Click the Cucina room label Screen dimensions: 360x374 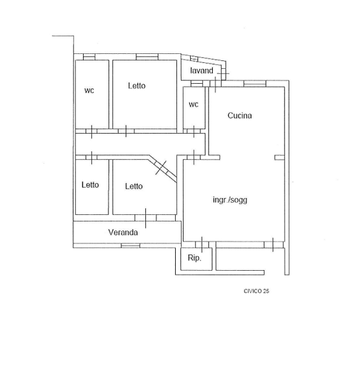coord(240,116)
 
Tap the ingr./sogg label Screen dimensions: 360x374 coord(230,199)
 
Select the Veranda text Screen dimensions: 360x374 coord(123,232)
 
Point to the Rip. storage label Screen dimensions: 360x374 coord(195,258)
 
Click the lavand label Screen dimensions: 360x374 coord(202,70)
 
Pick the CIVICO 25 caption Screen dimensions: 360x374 coord(256,291)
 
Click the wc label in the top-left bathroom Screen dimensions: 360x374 coord(89,90)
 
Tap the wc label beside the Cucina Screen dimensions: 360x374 coord(193,105)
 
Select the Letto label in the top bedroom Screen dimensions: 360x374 coord(137,86)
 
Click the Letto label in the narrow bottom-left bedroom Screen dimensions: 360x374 coord(90,184)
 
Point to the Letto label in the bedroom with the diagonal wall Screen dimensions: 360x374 coord(134,186)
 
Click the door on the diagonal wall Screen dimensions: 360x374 coord(161,168)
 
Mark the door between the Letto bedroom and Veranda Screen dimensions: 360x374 coord(145,218)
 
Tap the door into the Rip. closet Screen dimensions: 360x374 coord(202,245)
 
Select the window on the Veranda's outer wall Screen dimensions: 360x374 coord(130,245)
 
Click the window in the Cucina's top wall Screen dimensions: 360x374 coord(255,84)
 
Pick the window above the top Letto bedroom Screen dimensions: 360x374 coord(147,56)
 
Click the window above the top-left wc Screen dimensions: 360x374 coord(89,56)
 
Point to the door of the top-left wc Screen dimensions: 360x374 coord(91,131)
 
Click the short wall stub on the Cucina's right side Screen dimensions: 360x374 coord(280,157)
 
